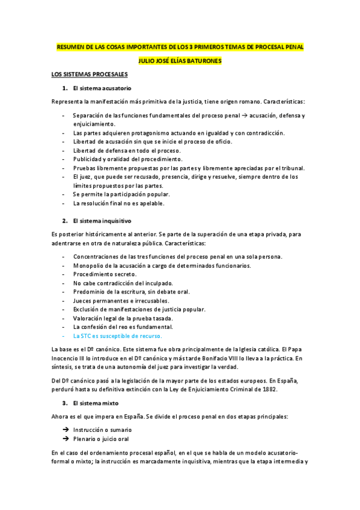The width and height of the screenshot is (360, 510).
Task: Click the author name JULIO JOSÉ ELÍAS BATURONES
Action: point(180,60)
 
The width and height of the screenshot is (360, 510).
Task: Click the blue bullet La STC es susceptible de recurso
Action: point(109,336)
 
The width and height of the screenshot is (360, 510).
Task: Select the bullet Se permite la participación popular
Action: point(121,194)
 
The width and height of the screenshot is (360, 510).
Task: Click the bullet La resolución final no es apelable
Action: point(118,203)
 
